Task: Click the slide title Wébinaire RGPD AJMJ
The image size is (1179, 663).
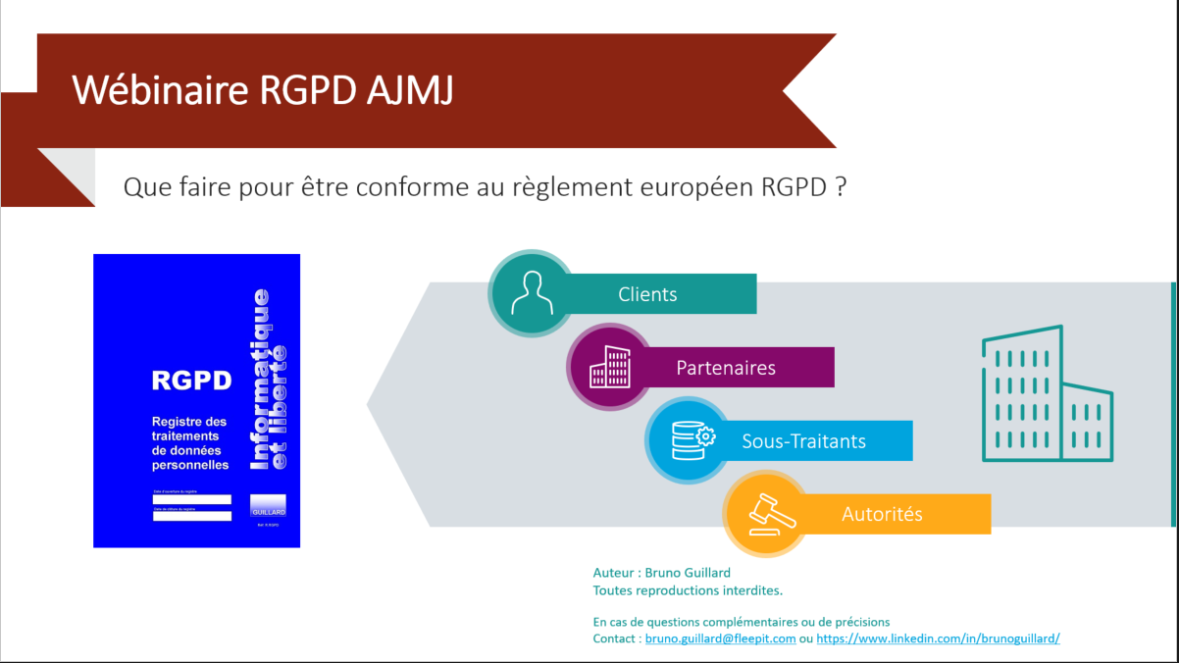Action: (x=263, y=90)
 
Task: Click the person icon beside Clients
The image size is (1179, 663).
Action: (x=531, y=291)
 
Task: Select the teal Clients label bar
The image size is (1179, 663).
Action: (x=648, y=294)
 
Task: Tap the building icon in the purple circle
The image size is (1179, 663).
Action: (x=609, y=367)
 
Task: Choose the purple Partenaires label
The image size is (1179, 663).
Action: (x=726, y=368)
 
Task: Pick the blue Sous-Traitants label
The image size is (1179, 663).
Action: (x=804, y=441)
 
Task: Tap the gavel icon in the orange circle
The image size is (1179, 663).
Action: (x=768, y=513)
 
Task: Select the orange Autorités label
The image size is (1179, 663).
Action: (x=882, y=514)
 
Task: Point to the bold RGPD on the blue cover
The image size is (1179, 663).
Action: (x=191, y=380)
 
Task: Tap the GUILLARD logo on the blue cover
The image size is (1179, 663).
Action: (x=268, y=506)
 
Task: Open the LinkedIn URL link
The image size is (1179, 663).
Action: (x=938, y=638)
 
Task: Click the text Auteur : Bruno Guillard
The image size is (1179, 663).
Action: (x=661, y=573)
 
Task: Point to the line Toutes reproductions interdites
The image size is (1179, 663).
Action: (x=688, y=590)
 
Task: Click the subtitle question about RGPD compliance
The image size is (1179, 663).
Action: (x=485, y=187)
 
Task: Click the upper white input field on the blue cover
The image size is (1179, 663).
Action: (x=192, y=499)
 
